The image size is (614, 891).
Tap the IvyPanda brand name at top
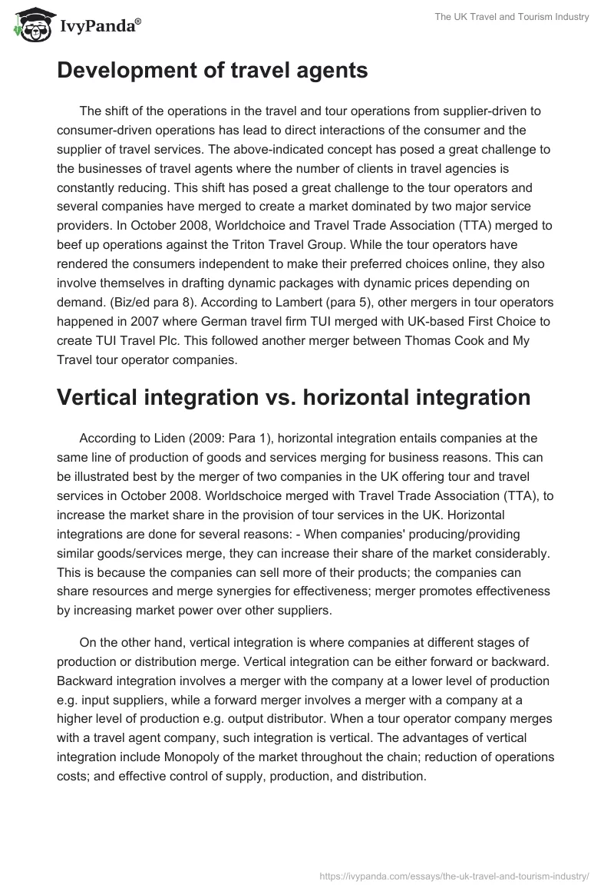[97, 28]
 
